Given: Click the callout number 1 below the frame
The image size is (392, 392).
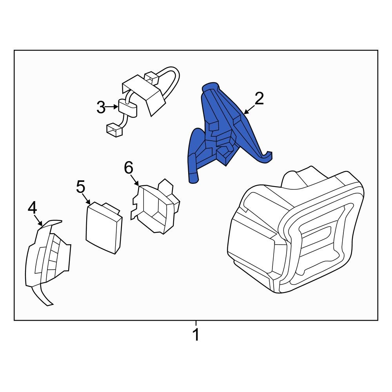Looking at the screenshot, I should (x=196, y=336).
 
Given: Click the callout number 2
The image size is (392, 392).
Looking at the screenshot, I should (x=259, y=99).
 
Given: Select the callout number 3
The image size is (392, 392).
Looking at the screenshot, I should (x=101, y=107).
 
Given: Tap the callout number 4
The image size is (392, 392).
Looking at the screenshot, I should (x=32, y=208).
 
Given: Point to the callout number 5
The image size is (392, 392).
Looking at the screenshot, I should (x=80, y=187).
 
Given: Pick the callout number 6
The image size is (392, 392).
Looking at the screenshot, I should (x=129, y=168).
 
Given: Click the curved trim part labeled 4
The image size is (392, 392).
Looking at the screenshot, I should (x=47, y=259).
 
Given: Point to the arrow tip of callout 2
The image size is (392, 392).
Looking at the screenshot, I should (x=245, y=114).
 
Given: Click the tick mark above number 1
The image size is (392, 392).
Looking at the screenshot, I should (x=196, y=323).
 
